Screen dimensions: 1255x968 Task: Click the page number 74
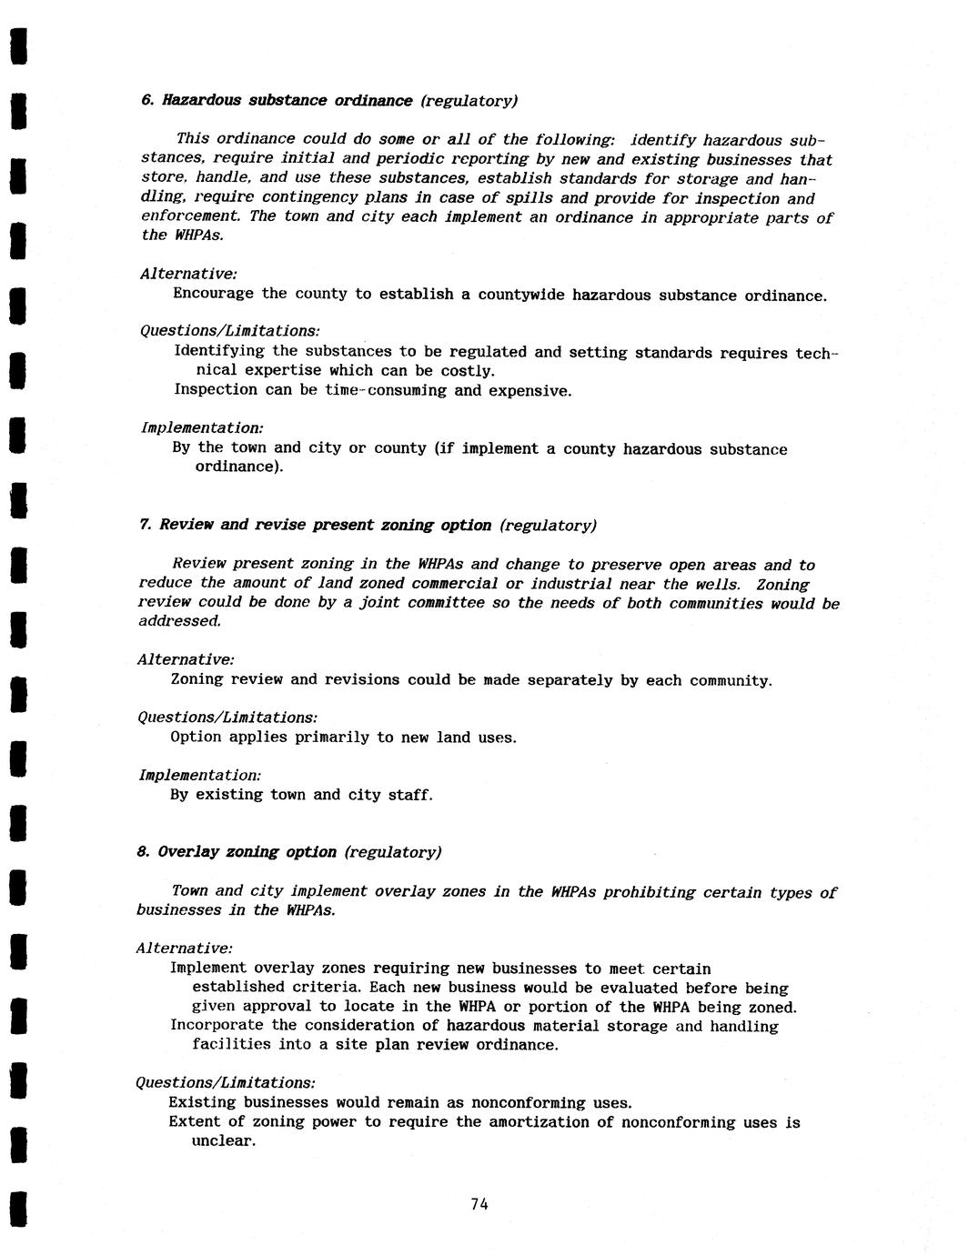click(x=479, y=1204)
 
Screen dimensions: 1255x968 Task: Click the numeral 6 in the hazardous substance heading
click(x=146, y=100)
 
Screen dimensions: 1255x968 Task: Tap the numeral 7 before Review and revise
click(x=144, y=525)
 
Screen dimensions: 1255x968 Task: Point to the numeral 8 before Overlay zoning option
click(x=142, y=852)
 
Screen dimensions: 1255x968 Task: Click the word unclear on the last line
click(x=222, y=1141)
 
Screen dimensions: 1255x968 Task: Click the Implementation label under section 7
click(x=199, y=775)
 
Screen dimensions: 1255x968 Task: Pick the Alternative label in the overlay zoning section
click(x=184, y=949)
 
